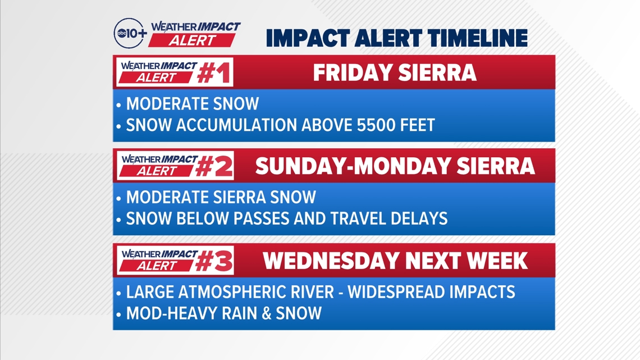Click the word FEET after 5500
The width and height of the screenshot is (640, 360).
[416, 125]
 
